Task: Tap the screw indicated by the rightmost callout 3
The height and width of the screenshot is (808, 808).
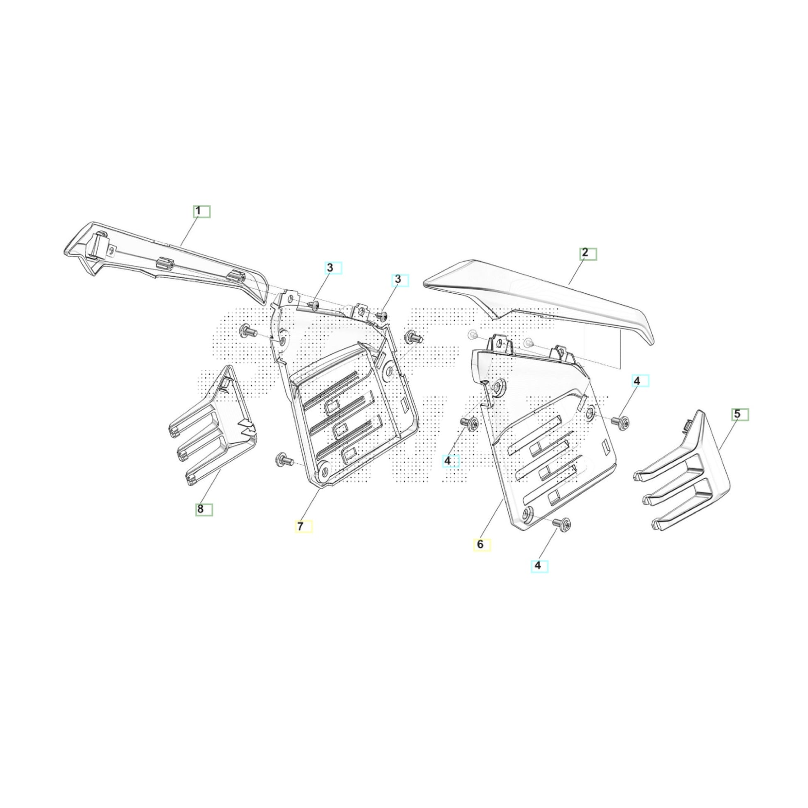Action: pyautogui.click(x=382, y=314)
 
